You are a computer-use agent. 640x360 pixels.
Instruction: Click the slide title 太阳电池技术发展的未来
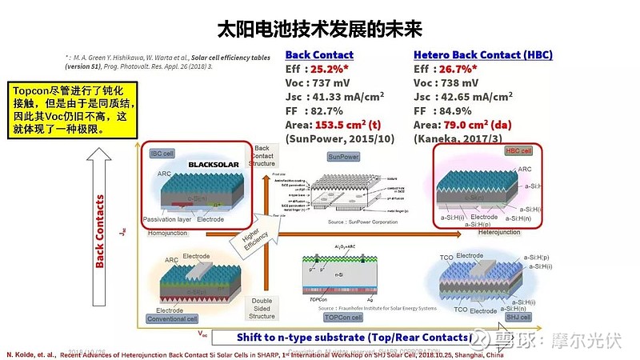tap(319, 30)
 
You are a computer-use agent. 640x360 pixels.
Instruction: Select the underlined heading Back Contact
tap(319, 55)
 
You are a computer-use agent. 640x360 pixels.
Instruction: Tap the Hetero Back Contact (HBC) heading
tap(482, 55)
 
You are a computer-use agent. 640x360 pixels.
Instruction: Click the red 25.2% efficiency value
tap(332, 70)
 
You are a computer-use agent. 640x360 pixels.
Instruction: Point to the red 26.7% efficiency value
tap(460, 70)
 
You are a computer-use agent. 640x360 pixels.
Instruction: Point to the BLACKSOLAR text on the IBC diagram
tap(214, 165)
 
